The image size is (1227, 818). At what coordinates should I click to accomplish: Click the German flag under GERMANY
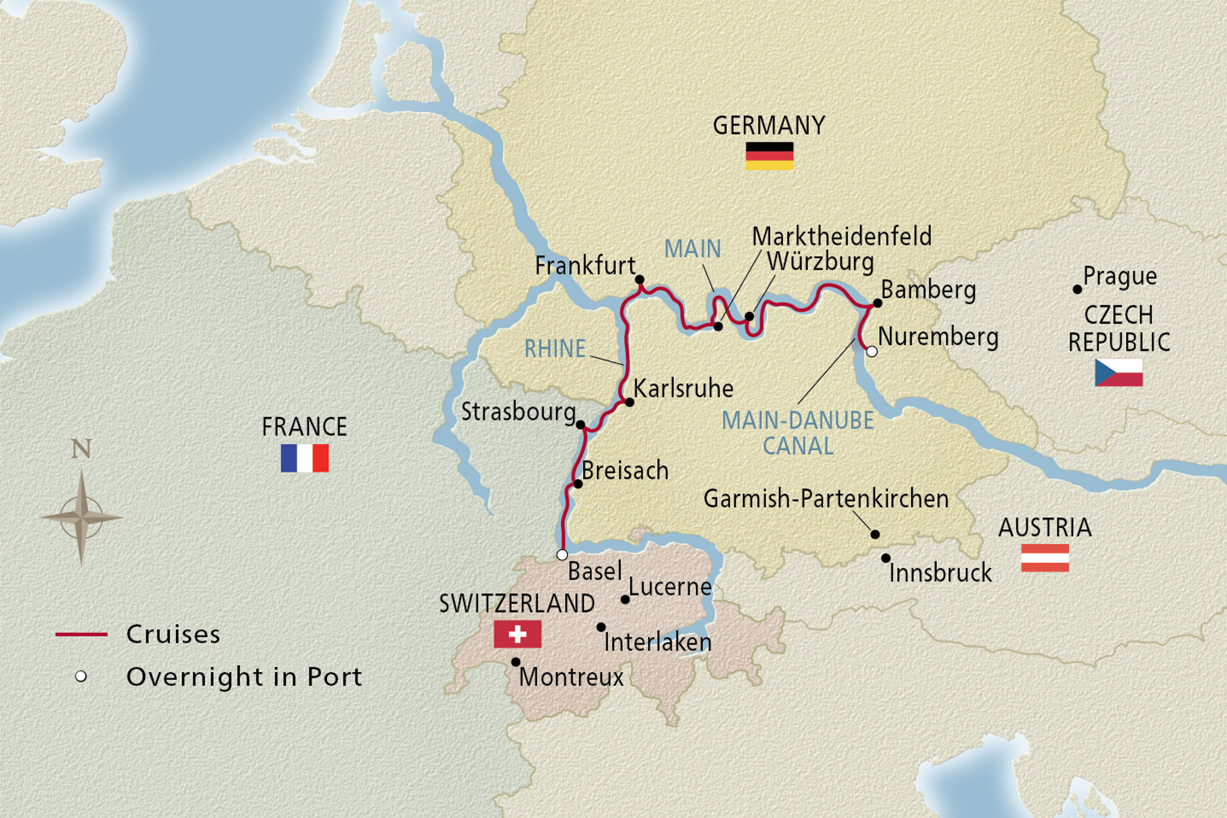pyautogui.click(x=769, y=156)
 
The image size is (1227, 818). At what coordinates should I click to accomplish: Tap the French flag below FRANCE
pyautogui.click(x=305, y=458)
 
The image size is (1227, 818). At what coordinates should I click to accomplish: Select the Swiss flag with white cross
pyautogui.click(x=518, y=634)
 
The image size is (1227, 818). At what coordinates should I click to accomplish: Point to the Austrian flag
pyautogui.click(x=1045, y=558)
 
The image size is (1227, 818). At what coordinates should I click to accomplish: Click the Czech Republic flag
pyautogui.click(x=1119, y=372)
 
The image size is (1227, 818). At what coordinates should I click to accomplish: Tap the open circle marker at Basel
pyautogui.click(x=562, y=554)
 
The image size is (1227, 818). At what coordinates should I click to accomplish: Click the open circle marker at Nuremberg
pyautogui.click(x=872, y=352)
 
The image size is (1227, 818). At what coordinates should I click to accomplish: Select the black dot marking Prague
pyautogui.click(x=1077, y=289)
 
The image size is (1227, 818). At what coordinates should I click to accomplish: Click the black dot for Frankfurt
pyautogui.click(x=639, y=280)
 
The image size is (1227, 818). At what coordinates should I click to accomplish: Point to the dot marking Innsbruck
pyautogui.click(x=886, y=558)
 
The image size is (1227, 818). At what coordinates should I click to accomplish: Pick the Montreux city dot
pyautogui.click(x=515, y=662)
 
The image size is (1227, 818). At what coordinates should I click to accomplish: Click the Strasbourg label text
pyautogui.click(x=519, y=412)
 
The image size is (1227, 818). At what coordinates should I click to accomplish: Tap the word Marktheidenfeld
pyautogui.click(x=842, y=237)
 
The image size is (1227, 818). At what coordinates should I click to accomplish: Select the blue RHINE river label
pyautogui.click(x=555, y=348)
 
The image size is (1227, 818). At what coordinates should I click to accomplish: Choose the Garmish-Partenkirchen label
pyautogui.click(x=826, y=499)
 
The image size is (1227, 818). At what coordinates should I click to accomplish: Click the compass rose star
pyautogui.click(x=81, y=518)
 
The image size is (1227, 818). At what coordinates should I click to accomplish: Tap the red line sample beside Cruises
pyautogui.click(x=81, y=634)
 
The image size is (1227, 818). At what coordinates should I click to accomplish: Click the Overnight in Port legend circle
pyautogui.click(x=81, y=677)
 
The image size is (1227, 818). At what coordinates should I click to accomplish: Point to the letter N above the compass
pyautogui.click(x=81, y=449)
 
